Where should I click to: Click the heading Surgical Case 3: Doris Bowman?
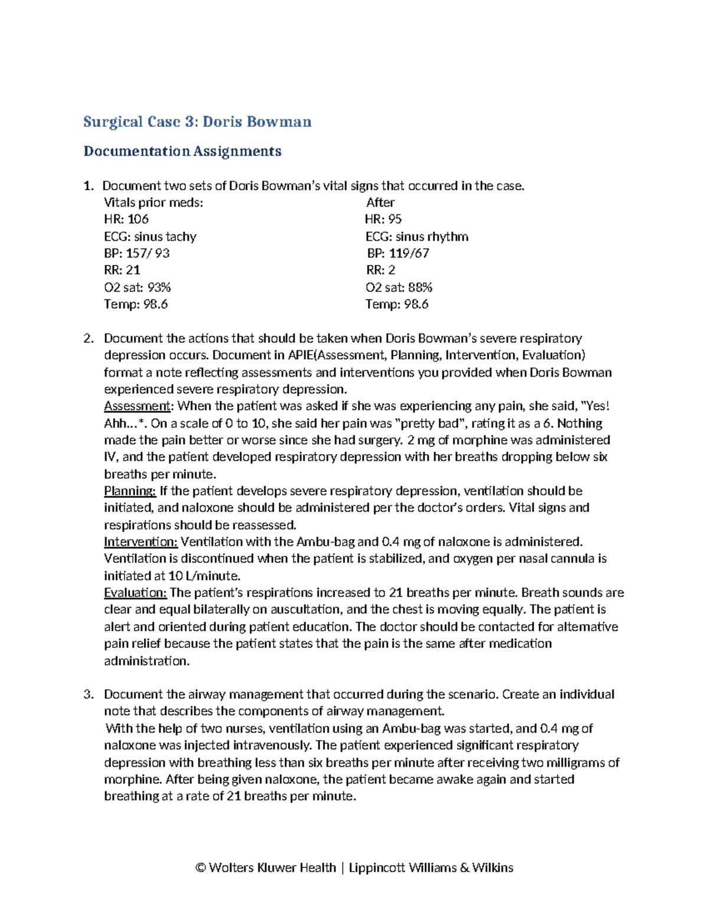pos(197,122)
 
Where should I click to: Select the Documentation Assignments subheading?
pos(182,151)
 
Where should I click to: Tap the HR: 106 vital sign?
pos(126,219)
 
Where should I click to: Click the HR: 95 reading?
pos(383,219)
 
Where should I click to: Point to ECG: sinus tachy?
pos(150,236)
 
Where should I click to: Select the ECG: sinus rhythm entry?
pos(417,236)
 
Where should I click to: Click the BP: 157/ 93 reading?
pos(137,253)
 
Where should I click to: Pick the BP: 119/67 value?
pos(398,253)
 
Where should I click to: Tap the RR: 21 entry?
pos(122,270)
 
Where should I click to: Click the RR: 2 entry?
pos(381,270)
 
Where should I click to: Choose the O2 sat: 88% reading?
pos(399,288)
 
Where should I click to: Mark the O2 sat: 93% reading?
pos(137,288)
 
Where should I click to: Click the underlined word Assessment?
pos(139,406)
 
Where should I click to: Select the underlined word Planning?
pos(130,491)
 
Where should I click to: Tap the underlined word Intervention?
pos(141,542)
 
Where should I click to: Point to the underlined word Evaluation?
pos(136,593)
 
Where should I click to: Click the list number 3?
pos(88,694)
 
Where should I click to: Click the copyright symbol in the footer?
pos(201,867)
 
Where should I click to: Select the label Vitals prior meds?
pos(153,203)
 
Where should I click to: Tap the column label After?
pos(380,203)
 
